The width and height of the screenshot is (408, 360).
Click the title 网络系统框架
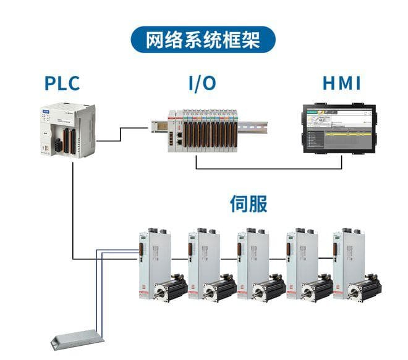click(203, 41)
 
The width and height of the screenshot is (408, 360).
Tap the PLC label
click(62, 82)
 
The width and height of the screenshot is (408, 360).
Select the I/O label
click(203, 82)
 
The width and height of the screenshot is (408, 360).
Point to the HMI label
click(341, 82)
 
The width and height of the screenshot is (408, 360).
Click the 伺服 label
click(249, 204)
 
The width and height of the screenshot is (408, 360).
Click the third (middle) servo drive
click(251, 262)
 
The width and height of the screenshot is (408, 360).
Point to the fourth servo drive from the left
click(299, 262)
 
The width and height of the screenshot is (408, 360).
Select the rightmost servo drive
click(347, 262)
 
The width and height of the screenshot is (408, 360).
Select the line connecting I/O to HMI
click(269, 168)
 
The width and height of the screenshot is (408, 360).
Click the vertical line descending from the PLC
click(72, 204)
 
